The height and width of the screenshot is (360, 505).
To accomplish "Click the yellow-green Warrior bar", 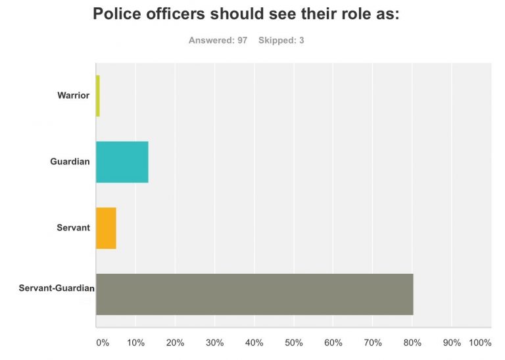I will tap(97, 96).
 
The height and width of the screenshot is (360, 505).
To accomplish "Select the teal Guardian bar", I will tap(122, 162).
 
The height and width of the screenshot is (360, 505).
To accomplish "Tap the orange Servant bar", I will tap(106, 228).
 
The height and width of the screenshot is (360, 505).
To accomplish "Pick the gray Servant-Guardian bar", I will tap(254, 294).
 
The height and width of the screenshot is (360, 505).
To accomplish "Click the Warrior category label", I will tap(73, 96).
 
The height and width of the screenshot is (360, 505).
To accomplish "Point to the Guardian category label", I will tap(70, 162).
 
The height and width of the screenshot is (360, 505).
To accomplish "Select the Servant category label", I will tap(73, 228).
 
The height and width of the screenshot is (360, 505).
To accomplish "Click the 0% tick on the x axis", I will tap(102, 343).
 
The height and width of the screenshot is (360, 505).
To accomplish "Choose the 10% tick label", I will tap(135, 343).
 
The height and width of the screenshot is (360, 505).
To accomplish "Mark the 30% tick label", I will tap(214, 343).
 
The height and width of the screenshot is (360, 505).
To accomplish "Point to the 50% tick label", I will tap(293, 343).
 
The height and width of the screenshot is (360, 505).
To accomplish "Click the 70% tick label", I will tap(372, 343).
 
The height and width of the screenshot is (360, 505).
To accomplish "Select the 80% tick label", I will tap(412, 343).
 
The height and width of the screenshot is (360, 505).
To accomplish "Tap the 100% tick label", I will tap(479, 343).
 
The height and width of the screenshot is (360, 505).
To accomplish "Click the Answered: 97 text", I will tap(218, 40).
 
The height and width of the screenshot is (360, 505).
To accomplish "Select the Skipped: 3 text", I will tap(281, 40).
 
